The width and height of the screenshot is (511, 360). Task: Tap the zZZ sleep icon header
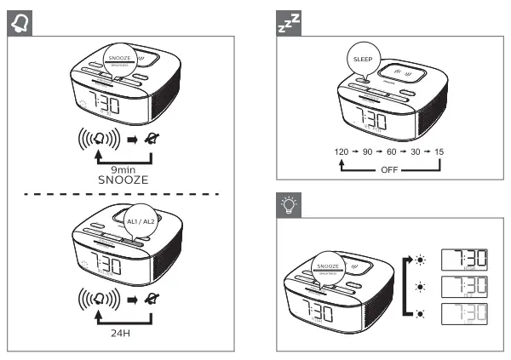coord(290,20)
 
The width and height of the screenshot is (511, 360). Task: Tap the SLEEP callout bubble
coord(364,60)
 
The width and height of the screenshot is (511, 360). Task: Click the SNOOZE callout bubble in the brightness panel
coord(328,266)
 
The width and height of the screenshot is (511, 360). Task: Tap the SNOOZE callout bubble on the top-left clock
coord(121,58)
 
